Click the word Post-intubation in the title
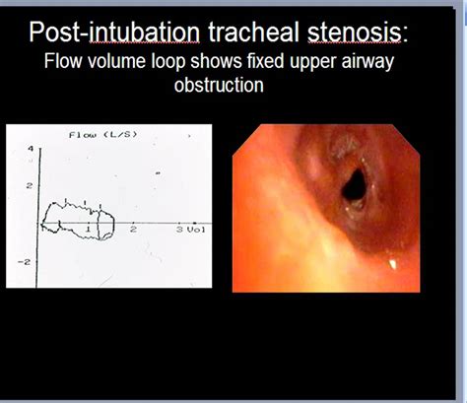click(114, 33)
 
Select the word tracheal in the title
click(253, 33)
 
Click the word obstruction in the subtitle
click(219, 85)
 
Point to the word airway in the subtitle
click(367, 62)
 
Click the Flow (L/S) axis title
click(102, 135)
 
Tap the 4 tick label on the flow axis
click(31, 149)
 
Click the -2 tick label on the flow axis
click(29, 262)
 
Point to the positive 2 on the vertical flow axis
click(30, 186)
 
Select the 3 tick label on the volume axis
click(179, 230)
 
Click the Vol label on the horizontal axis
click(196, 230)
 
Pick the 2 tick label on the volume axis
click(133, 229)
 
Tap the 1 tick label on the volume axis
click(88, 229)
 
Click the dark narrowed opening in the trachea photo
click(354, 184)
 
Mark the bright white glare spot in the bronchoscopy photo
click(392, 263)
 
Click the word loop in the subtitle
click(168, 62)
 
